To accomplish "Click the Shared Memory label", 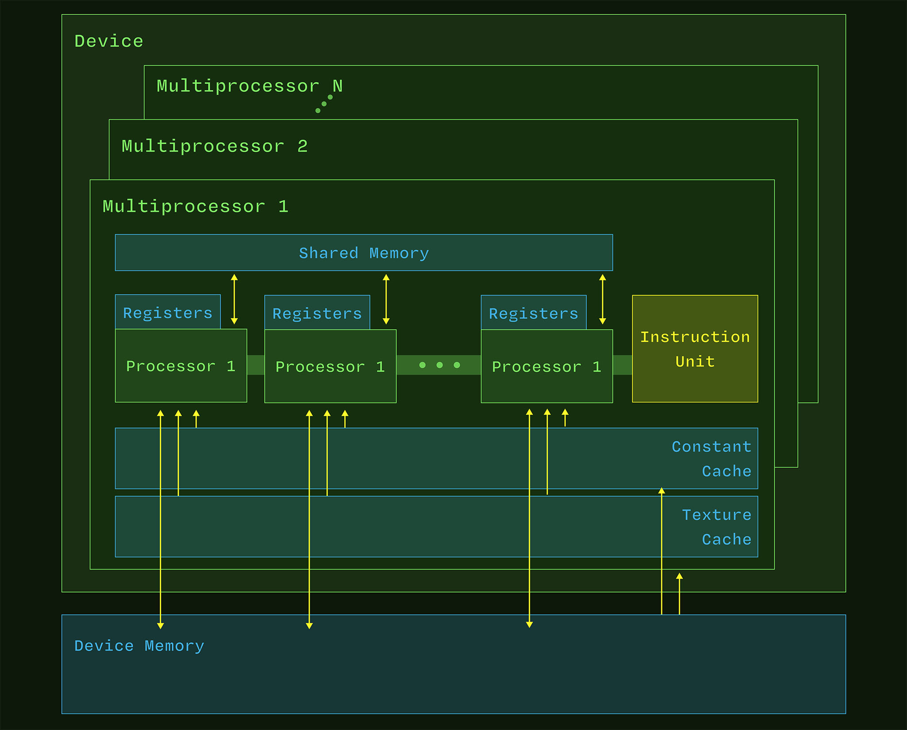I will (x=364, y=253).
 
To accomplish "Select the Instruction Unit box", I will (x=694, y=349).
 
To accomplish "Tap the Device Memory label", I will (x=139, y=646).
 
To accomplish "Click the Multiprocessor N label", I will (x=249, y=86).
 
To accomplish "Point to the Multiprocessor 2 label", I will (x=214, y=146).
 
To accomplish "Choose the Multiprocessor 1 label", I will (x=195, y=207).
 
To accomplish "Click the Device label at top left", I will (x=109, y=41).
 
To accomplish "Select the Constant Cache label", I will (x=711, y=459).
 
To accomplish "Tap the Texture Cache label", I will (x=716, y=527).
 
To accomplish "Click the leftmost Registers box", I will (x=167, y=313).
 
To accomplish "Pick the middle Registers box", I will (x=317, y=313).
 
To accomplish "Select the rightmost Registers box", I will (x=533, y=313).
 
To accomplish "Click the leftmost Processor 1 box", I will (x=181, y=366).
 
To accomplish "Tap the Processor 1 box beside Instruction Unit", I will (x=547, y=367).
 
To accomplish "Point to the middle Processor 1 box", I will (x=330, y=367).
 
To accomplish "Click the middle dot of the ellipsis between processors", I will (x=439, y=365).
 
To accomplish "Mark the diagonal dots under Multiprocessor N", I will (x=324, y=104).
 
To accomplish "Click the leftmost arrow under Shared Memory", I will (x=234, y=299).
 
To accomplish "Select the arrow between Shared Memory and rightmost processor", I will (x=602, y=299).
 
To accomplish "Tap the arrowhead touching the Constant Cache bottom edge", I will (x=661, y=491).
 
